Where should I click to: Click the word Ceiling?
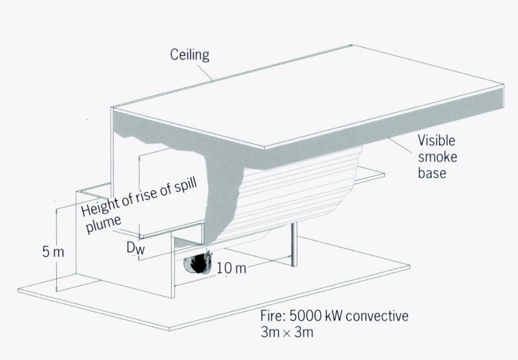[x=190, y=55]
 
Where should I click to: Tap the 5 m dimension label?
[x=53, y=252]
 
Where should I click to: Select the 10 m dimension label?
[x=231, y=268]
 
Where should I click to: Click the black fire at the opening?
[x=198, y=263]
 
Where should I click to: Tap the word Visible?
[x=436, y=140]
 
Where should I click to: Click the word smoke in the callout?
[x=437, y=157]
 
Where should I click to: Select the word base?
[x=432, y=173]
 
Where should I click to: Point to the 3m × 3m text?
[x=287, y=332]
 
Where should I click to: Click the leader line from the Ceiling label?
[x=205, y=72]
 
